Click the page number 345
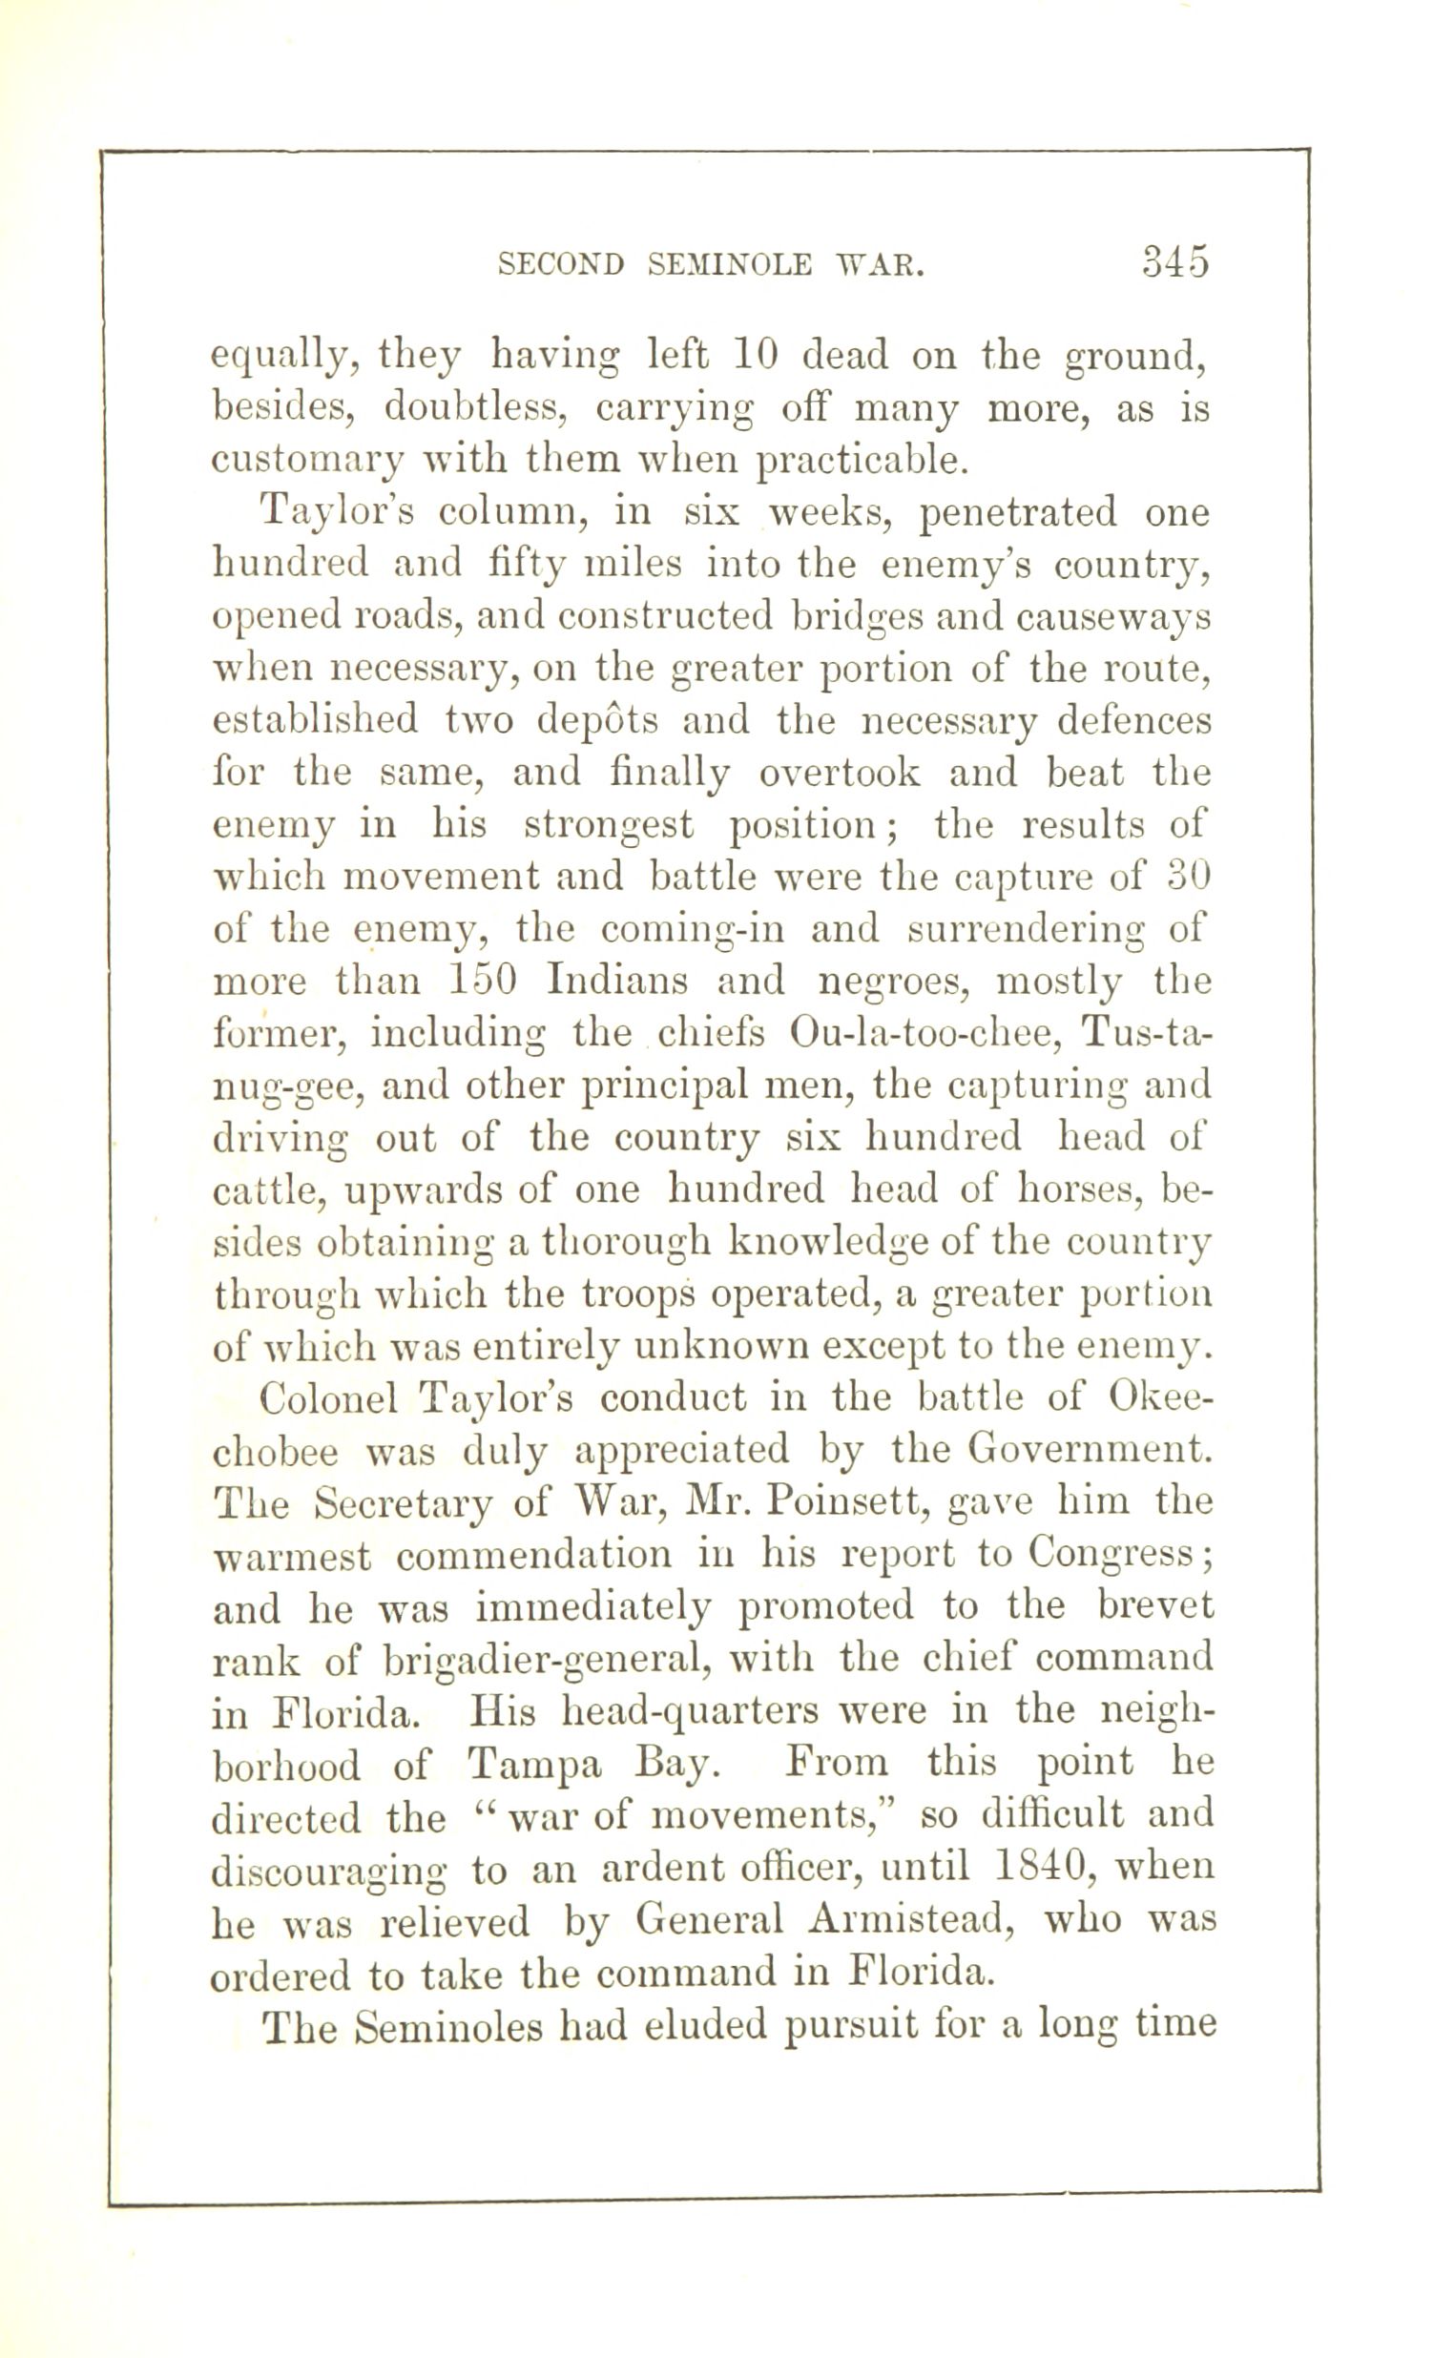pyautogui.click(x=1174, y=262)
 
